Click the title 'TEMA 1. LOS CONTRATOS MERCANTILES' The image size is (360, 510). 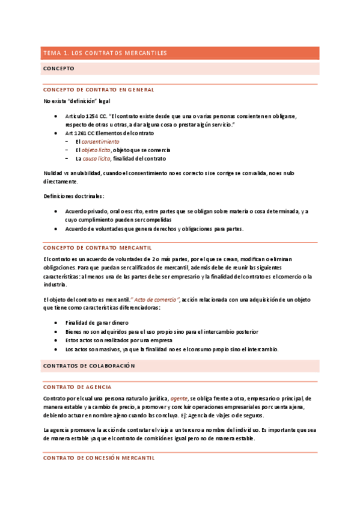pyautogui.click(x=105, y=54)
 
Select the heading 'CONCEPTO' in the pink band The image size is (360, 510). pyautogui.click(x=59, y=69)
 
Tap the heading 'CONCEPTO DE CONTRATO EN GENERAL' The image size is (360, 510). pyautogui.click(x=99, y=89)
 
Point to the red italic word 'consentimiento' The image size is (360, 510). pyautogui.click(x=100, y=141)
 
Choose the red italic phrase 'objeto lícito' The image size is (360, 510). pyautogui.click(x=96, y=150)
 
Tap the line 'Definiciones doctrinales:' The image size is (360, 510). pyautogui.click(x=73, y=196)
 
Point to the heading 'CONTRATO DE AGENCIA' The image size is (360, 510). pyautogui.click(x=78, y=387)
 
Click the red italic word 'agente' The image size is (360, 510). pyautogui.click(x=179, y=398)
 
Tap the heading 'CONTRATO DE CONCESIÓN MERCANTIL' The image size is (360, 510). pyautogui.click(x=99, y=458)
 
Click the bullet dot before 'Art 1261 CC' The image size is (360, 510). pyautogui.click(x=56, y=133)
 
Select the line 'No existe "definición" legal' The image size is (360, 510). pyautogui.click(x=77, y=100)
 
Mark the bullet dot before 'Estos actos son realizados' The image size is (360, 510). pyautogui.click(x=56, y=340)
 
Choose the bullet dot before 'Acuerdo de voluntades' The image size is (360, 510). pyautogui.click(x=56, y=229)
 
